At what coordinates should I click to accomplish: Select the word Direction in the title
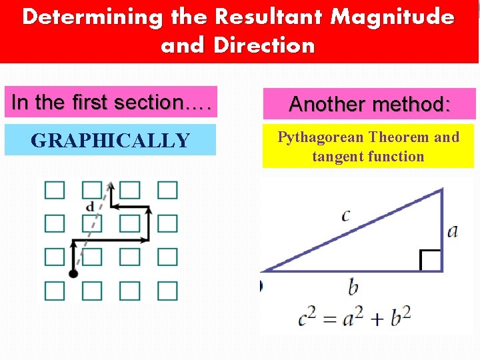[x=264, y=45]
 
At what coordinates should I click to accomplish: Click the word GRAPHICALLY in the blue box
[x=111, y=141]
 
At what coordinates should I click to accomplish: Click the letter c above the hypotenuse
[x=345, y=215]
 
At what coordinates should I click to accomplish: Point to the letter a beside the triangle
[x=453, y=231]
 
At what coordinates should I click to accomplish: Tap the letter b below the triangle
[x=353, y=287]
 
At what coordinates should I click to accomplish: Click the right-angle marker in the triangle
[x=431, y=261]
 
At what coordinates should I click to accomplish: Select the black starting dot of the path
[x=73, y=273]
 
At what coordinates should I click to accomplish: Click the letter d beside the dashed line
[x=91, y=207]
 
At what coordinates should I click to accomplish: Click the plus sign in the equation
[x=376, y=319]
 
